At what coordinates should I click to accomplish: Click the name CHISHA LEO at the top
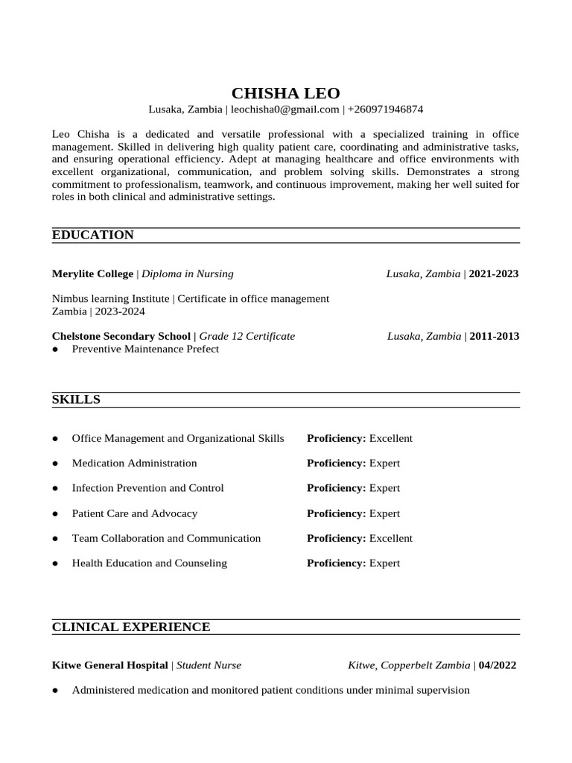coord(285,93)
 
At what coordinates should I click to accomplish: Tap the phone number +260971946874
coord(385,110)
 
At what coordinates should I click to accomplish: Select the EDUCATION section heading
coord(93,235)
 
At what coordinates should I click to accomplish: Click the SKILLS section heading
coord(76,400)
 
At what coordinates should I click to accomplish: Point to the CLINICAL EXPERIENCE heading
coord(131,627)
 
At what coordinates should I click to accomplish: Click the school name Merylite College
coord(92,273)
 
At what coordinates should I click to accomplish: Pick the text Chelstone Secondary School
coord(121,336)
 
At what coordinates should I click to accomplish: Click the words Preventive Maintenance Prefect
coord(145,349)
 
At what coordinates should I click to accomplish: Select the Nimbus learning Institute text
coord(111,299)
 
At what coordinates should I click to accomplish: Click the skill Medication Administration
coord(134,463)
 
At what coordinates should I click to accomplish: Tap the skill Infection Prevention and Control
coord(147,488)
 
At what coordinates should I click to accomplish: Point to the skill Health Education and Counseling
coord(149,563)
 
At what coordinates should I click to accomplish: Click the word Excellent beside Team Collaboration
coord(390,538)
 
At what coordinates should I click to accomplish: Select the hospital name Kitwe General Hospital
coord(110,665)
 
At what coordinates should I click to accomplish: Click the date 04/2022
coord(497,665)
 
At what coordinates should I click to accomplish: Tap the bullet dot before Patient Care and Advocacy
coord(56,514)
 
